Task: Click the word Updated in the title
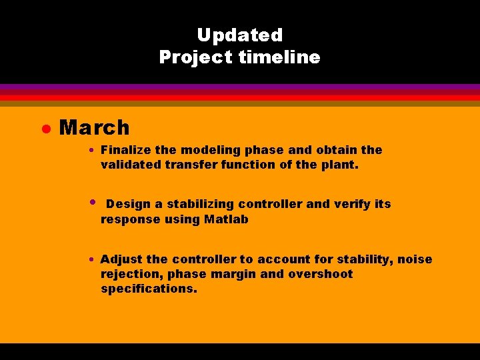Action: coord(239,35)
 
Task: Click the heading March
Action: coord(94,127)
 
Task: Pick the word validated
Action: coord(130,165)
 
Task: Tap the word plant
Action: coord(341,165)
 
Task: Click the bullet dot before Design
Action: coord(93,201)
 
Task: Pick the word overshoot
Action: coord(321,274)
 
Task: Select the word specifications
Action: coord(149,289)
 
